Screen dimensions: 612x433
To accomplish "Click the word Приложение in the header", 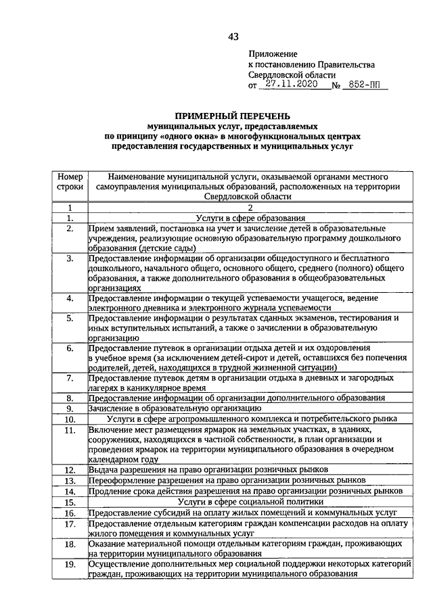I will [273, 53].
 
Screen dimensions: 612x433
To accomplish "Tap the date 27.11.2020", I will [290, 86].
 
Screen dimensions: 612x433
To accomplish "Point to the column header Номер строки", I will [70, 181].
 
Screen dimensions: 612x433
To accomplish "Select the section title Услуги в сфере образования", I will [251, 218].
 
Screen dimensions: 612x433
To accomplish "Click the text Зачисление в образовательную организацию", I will [175, 408].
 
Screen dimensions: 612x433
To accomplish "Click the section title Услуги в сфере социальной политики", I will [251, 502].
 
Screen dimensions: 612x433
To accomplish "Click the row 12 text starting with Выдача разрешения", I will [208, 469].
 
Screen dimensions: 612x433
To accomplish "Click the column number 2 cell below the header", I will [251, 208].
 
